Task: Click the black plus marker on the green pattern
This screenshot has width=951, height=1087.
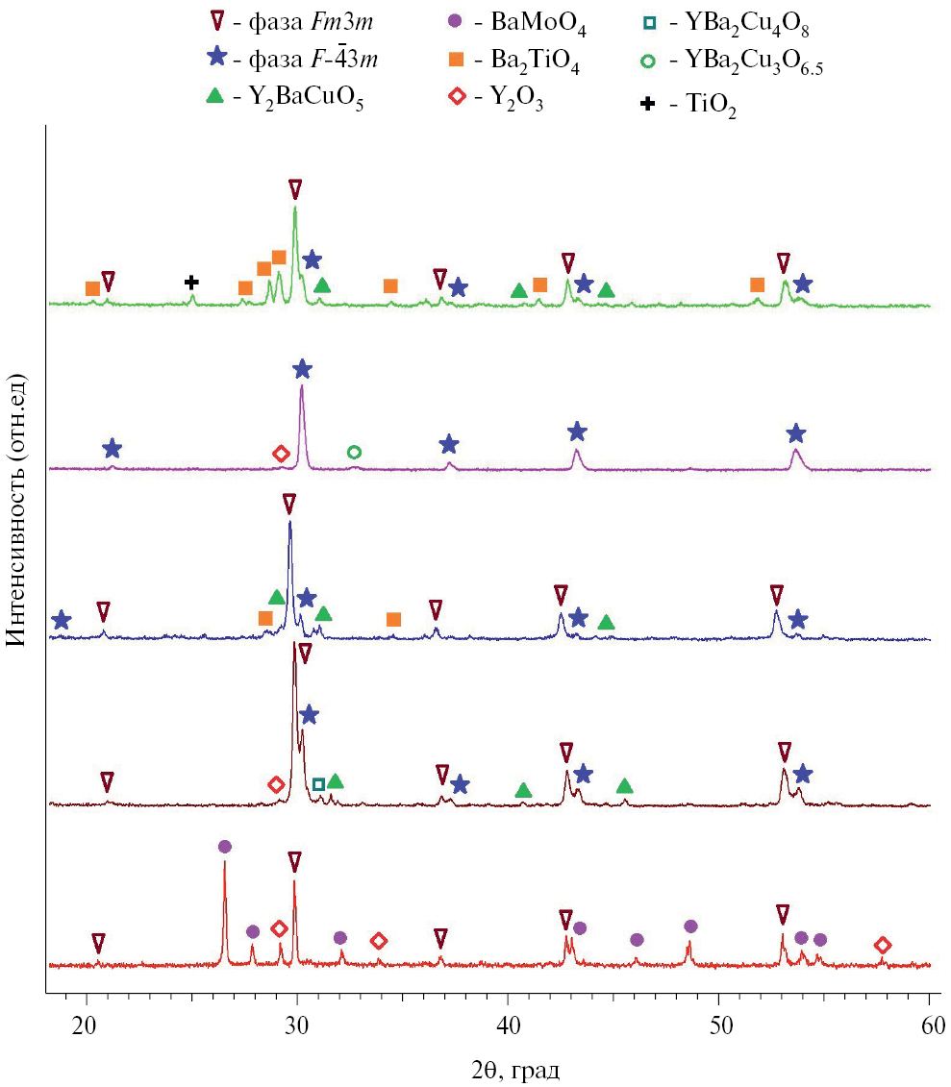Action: pyautogui.click(x=191, y=282)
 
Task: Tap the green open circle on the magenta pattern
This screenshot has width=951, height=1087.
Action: pyautogui.click(x=354, y=452)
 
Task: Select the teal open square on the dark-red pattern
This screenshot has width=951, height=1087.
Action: pyautogui.click(x=318, y=784)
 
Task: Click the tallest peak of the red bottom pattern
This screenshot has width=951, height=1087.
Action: pyautogui.click(x=225, y=862)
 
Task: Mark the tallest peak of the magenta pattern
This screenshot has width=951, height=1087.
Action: pyautogui.click(x=302, y=387)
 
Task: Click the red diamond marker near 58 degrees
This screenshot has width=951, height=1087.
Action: pyautogui.click(x=883, y=946)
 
